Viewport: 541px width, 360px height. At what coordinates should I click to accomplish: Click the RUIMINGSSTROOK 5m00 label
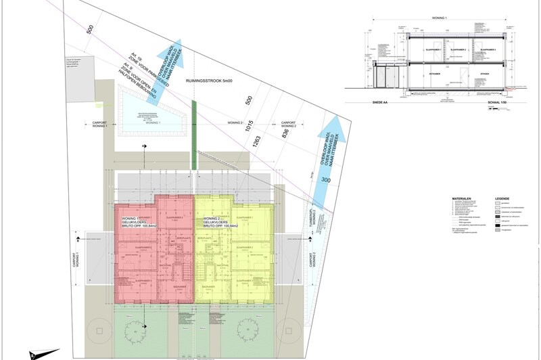click(x=209, y=81)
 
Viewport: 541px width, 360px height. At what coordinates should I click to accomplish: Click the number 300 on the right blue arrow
click(x=326, y=181)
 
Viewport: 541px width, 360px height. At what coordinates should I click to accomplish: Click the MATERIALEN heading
click(x=462, y=199)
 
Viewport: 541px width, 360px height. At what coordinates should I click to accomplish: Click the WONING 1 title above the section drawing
click(x=440, y=18)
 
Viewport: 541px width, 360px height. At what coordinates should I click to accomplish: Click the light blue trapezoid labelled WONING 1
click(x=150, y=115)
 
